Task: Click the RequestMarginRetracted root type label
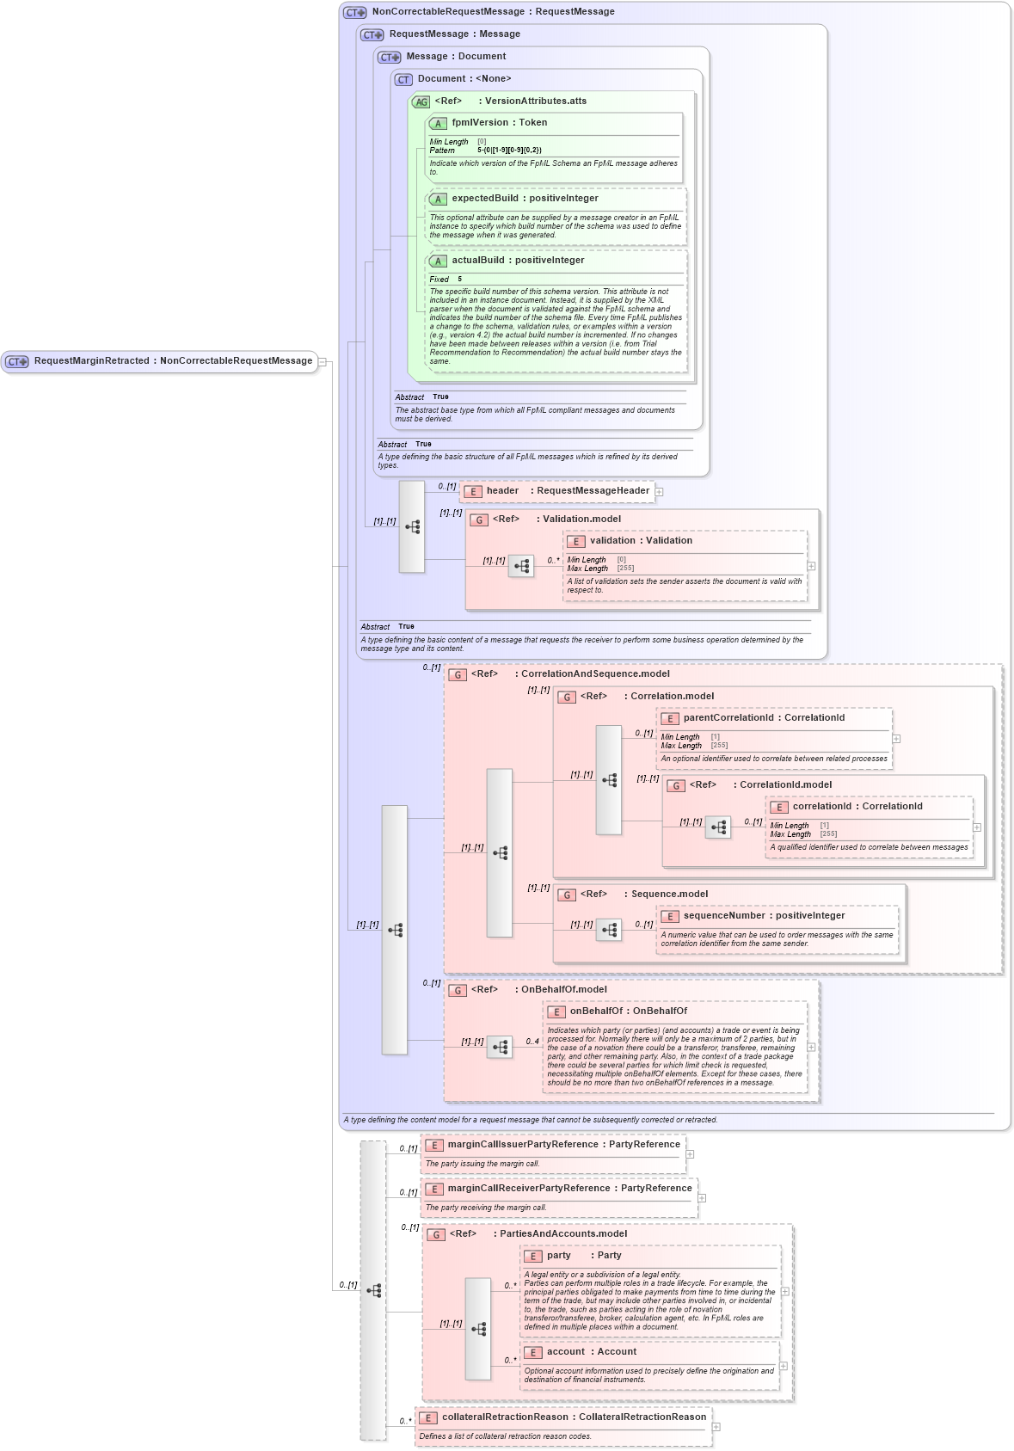coord(91,361)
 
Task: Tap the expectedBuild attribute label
coord(485,199)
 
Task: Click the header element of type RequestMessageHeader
coord(502,491)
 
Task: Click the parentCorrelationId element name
coord(728,718)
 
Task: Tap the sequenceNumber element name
coord(726,916)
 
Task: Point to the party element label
coord(558,1256)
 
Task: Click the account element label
coord(565,1352)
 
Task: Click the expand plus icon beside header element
coord(660,492)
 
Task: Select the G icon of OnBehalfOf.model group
coord(458,990)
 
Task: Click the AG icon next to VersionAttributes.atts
coord(421,101)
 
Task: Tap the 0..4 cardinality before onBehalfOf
coord(532,1042)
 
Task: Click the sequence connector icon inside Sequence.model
coord(609,930)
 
